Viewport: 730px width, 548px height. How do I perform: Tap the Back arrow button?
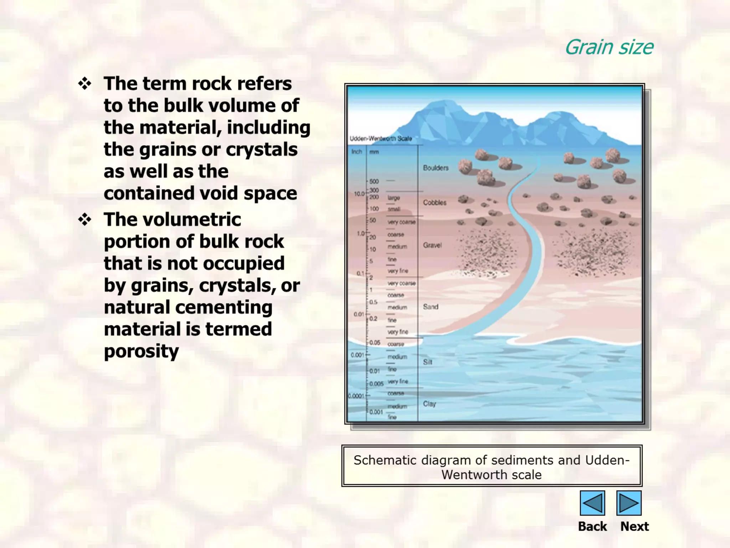click(x=592, y=503)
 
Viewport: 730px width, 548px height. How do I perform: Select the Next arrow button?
click(x=629, y=503)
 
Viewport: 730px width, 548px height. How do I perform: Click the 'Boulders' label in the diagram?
click(x=436, y=168)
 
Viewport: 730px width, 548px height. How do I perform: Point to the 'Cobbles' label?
click(x=435, y=203)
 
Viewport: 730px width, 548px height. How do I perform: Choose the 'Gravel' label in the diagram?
click(x=432, y=245)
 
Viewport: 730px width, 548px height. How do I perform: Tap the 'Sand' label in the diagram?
click(x=431, y=307)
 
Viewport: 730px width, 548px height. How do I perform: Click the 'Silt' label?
click(x=428, y=362)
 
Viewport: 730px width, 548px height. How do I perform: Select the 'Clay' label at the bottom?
click(x=430, y=404)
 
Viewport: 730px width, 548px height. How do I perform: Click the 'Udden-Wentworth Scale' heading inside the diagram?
click(x=381, y=138)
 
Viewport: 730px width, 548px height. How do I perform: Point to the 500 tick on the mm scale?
click(x=374, y=181)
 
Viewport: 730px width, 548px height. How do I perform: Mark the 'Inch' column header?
click(x=356, y=152)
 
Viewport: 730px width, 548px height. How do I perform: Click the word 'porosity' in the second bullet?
click(x=141, y=351)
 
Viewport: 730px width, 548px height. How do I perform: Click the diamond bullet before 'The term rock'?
click(x=85, y=84)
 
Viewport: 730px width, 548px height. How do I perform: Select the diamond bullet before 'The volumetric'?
click(x=85, y=220)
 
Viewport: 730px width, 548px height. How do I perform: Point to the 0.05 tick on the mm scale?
click(x=375, y=342)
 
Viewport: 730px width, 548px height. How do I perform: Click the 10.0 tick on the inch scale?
click(x=359, y=194)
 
